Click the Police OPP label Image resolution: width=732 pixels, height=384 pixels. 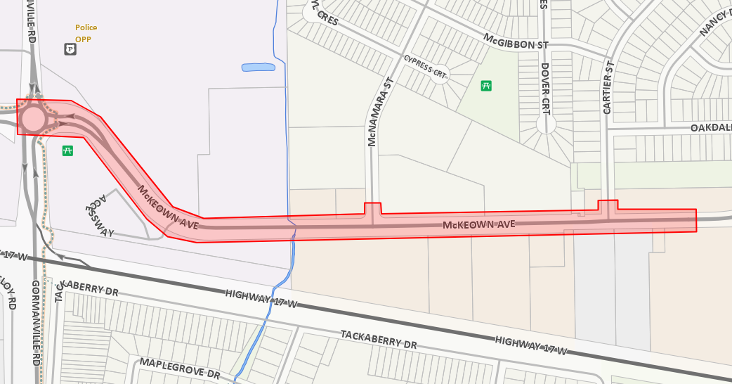pyautogui.click(x=86, y=33)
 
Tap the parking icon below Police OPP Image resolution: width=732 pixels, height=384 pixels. pyautogui.click(x=70, y=49)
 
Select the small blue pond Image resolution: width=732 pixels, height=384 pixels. pyautogui.click(x=258, y=68)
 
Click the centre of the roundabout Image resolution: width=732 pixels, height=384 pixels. pyautogui.click(x=32, y=119)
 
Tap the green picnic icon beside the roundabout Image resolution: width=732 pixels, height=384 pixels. pyautogui.click(x=68, y=150)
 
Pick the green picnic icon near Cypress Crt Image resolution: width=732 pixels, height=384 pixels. pyautogui.click(x=485, y=86)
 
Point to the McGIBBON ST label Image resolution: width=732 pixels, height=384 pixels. pyautogui.click(x=515, y=41)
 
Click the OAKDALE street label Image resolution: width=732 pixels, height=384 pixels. pyautogui.click(x=710, y=128)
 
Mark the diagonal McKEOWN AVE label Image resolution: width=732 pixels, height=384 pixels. pyautogui.click(x=169, y=207)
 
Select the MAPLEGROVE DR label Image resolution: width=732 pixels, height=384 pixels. pyautogui.click(x=181, y=367)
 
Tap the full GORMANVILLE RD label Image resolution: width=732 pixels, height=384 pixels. pyautogui.click(x=36, y=323)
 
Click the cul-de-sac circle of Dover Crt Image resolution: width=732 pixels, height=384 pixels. pyautogui.click(x=546, y=126)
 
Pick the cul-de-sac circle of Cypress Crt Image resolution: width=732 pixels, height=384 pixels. pyautogui.click(x=440, y=75)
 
